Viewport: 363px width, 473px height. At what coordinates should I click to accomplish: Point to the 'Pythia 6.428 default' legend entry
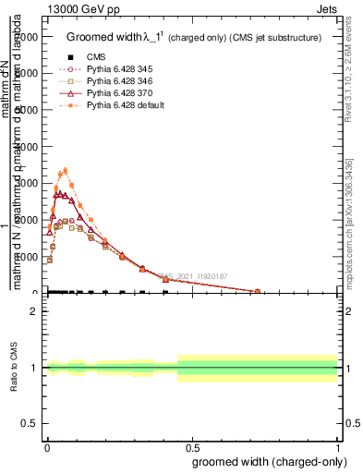124,105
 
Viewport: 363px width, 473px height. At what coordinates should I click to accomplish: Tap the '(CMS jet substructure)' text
274,38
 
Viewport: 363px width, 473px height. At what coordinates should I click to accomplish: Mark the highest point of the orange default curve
65,170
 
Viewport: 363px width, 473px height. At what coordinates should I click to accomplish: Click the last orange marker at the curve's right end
258,291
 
